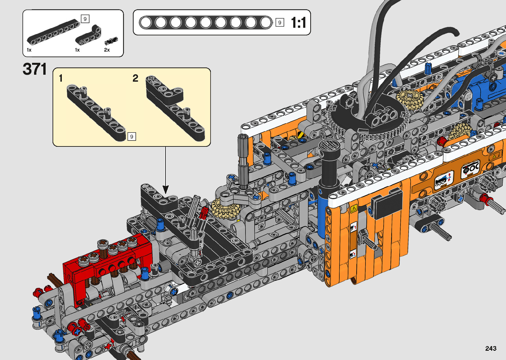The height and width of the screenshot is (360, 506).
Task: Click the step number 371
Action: point(35,69)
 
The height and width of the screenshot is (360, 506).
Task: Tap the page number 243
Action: point(491,348)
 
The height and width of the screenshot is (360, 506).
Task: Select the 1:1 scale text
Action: point(298,22)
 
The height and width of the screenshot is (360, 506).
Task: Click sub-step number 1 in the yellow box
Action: point(60,78)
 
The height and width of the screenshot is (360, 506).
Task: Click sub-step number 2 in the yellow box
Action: point(135,78)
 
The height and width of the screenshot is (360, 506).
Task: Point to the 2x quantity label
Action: point(107,50)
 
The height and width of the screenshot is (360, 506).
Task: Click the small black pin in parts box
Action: point(111,41)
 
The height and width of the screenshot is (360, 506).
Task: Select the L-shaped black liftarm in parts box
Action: point(89,35)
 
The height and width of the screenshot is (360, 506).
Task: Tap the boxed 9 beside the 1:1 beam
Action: point(280,22)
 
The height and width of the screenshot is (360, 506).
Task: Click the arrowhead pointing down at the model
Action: point(166,189)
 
